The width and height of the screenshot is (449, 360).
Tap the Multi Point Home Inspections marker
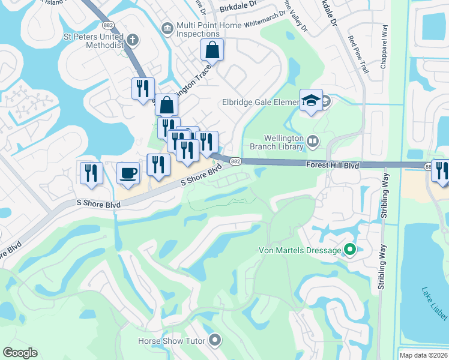pos(167,27)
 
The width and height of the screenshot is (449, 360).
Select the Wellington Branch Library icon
pos(312,141)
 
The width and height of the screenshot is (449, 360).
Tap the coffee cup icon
pos(128,173)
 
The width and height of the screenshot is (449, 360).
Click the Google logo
pos(20,353)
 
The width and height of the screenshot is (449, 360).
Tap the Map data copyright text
pos(424,355)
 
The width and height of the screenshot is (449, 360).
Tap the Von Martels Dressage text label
pos(300,250)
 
